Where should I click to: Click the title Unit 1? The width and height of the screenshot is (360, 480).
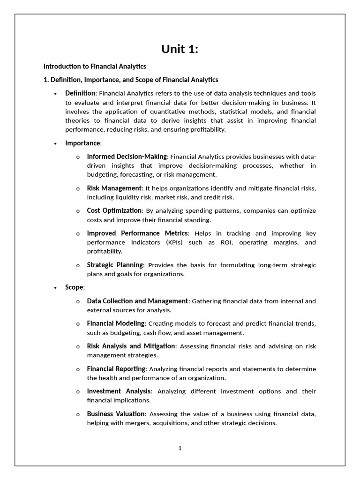click(180, 49)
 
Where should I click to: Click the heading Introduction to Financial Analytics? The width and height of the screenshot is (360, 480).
click(95, 67)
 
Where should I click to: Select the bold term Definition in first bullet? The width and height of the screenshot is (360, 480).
click(80, 93)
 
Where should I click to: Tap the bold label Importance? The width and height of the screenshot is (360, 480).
click(82, 143)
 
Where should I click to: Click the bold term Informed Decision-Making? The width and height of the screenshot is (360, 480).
click(127, 157)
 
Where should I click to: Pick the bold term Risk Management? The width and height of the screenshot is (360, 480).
click(114, 188)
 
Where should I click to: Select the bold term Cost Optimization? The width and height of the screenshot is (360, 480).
click(114, 211)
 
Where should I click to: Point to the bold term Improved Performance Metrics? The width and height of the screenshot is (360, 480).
click(138, 233)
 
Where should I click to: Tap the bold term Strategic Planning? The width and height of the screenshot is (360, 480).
click(115, 265)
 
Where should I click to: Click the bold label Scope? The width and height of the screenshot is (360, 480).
click(74, 287)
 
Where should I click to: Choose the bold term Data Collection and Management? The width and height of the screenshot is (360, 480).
click(137, 301)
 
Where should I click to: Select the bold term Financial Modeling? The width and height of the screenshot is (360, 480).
click(116, 323)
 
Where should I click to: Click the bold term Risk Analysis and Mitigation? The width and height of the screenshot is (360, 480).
click(131, 346)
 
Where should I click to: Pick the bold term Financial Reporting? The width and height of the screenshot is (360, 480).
click(116, 369)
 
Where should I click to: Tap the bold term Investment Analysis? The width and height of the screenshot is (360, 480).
click(119, 391)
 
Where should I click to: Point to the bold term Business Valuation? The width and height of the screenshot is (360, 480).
click(116, 414)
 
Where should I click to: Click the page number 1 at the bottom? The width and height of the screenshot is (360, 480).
click(180, 448)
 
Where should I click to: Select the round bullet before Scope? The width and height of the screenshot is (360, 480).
click(56, 288)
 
